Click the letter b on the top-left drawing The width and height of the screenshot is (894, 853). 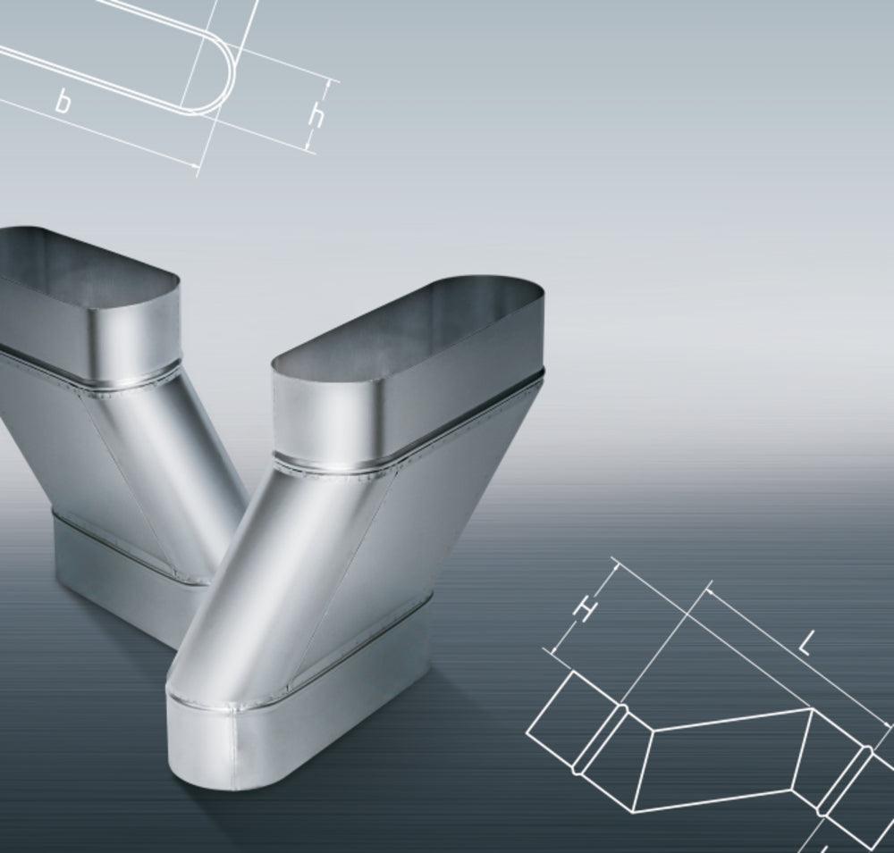pyautogui.click(x=63, y=102)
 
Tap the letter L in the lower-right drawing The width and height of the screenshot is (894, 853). pyautogui.click(x=805, y=646)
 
